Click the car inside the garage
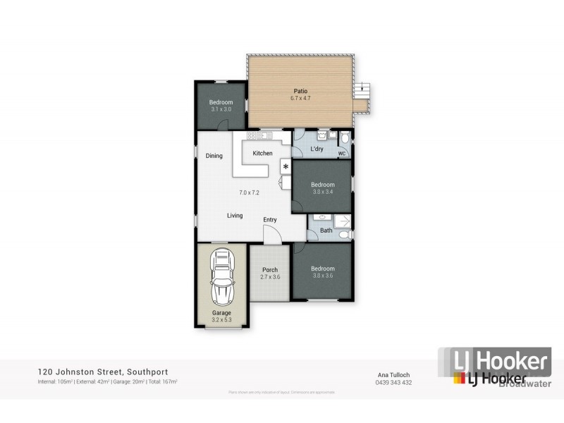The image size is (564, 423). [x=221, y=278]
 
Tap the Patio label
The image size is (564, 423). [x=301, y=91]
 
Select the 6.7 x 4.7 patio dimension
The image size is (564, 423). [x=301, y=99]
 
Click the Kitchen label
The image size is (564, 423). [x=262, y=153]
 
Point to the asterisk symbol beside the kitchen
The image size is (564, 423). [x=286, y=167]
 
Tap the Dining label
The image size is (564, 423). [x=214, y=156]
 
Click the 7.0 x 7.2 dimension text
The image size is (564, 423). [x=250, y=192]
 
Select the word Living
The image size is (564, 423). [x=235, y=216]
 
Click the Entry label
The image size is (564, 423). [x=270, y=220]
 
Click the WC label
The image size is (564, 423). [x=341, y=153]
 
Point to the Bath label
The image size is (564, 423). [x=326, y=231]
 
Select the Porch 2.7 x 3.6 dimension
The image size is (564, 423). [x=270, y=277]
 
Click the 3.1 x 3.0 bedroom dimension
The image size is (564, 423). [x=221, y=109]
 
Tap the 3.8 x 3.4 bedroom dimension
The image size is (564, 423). [x=324, y=192]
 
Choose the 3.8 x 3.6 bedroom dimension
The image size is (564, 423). [x=323, y=276]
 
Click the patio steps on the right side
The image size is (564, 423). [x=363, y=90]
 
